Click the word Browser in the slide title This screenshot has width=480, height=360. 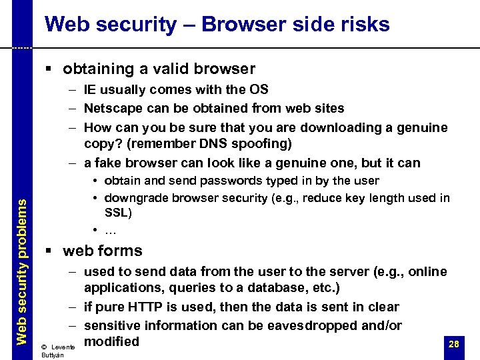[231, 25]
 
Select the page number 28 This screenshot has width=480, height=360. [454, 344]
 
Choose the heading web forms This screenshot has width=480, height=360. [102, 251]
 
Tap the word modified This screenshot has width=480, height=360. [111, 341]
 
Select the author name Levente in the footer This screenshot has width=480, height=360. [63, 347]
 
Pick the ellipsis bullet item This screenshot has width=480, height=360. [111, 230]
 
